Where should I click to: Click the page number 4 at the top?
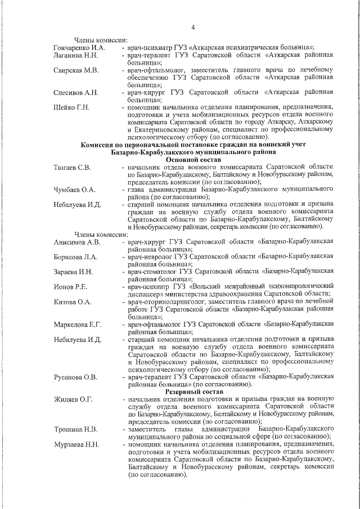193,28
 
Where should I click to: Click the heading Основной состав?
193,159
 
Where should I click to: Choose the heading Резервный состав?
194,390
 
